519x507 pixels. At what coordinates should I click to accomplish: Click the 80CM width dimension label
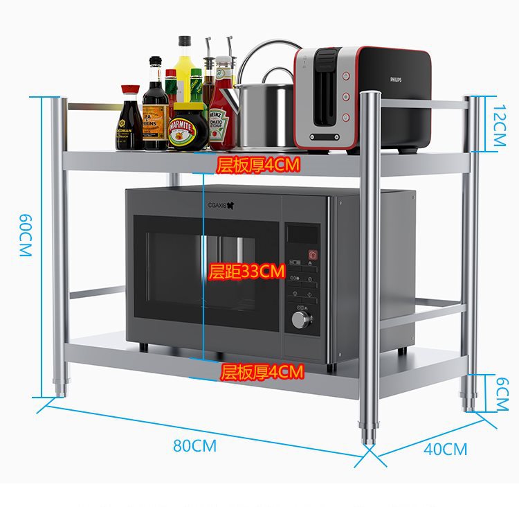click(x=194, y=445)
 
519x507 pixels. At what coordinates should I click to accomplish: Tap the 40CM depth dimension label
click(x=445, y=449)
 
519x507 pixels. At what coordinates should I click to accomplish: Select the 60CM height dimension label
click(x=26, y=236)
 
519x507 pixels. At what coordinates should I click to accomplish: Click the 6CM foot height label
click(x=502, y=393)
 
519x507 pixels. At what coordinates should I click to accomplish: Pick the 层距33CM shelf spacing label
click(x=247, y=272)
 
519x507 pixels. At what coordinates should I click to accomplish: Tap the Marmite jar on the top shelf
click(x=188, y=127)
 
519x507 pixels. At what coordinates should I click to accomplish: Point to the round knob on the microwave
click(x=302, y=319)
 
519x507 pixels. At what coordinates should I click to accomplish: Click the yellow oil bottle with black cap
click(x=184, y=66)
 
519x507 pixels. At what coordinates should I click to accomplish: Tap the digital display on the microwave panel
click(x=302, y=233)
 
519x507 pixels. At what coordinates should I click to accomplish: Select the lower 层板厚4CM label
click(x=262, y=373)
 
